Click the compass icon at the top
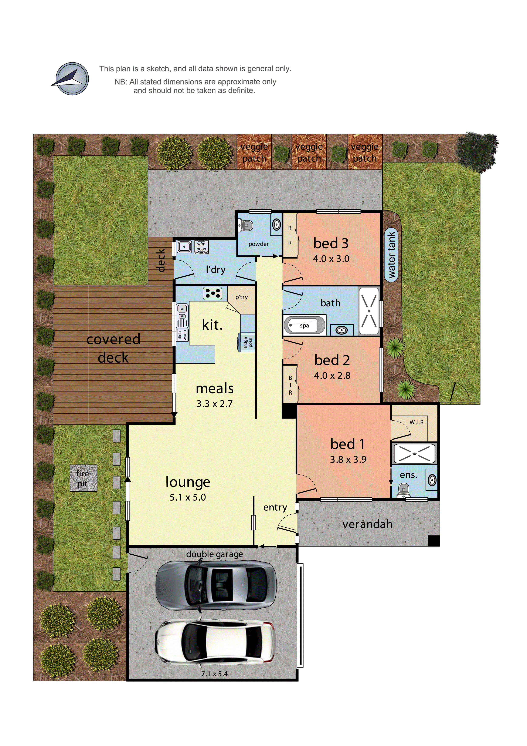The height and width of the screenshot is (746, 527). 72,79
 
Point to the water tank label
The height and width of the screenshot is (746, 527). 392,254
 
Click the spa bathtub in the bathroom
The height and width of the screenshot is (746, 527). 304,325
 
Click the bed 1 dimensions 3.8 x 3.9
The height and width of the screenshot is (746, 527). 348,459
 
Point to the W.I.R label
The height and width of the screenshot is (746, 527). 416,422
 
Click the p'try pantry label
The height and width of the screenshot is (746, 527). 241,297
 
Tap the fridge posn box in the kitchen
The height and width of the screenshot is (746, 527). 247,342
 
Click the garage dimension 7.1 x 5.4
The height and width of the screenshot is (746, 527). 214,673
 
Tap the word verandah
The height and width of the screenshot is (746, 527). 367,524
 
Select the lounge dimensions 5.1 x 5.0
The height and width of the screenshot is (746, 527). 188,497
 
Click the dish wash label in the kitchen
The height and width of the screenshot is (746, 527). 182,335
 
